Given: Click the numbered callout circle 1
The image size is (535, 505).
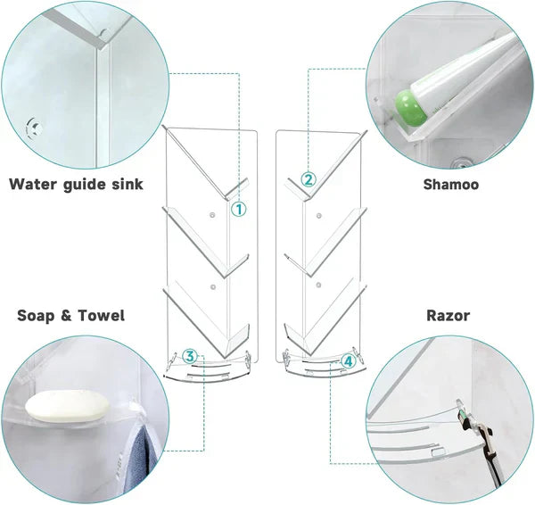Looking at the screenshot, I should (x=239, y=210).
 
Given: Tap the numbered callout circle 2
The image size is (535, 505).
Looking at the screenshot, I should (x=308, y=179).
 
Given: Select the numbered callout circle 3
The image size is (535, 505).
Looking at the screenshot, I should (x=189, y=356).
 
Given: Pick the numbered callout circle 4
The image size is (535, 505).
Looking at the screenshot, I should (x=348, y=361).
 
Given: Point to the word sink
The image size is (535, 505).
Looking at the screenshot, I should (x=124, y=185).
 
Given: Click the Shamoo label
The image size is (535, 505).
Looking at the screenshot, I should (x=450, y=185).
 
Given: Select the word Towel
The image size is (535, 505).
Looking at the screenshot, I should (x=102, y=315).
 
